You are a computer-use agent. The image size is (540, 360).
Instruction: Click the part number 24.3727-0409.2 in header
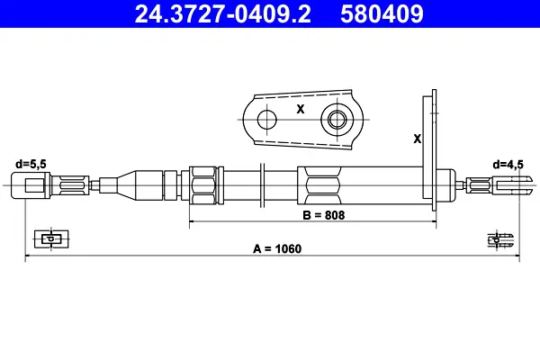point(223,13)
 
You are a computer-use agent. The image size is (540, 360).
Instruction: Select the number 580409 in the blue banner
point(382,13)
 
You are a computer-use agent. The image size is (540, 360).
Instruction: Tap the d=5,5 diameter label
point(31,164)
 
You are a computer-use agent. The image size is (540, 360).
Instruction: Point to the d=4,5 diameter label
point(508,165)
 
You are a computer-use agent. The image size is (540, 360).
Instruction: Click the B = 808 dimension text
point(324,215)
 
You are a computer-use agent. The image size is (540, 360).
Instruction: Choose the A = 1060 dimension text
point(277,248)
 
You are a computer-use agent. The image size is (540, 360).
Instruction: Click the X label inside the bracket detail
point(301,109)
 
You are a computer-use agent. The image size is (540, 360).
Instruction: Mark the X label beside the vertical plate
point(417,139)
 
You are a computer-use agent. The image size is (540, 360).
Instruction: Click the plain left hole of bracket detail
point(267,120)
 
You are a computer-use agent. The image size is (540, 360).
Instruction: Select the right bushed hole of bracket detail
point(337,120)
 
